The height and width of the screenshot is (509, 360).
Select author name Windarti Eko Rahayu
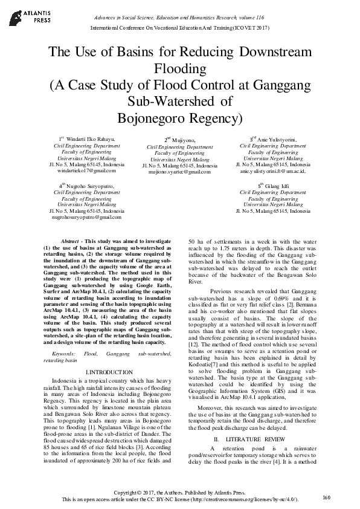[88, 139]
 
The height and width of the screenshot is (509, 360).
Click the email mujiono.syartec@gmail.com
[179, 172]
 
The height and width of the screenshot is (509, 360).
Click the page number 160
[327, 497]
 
